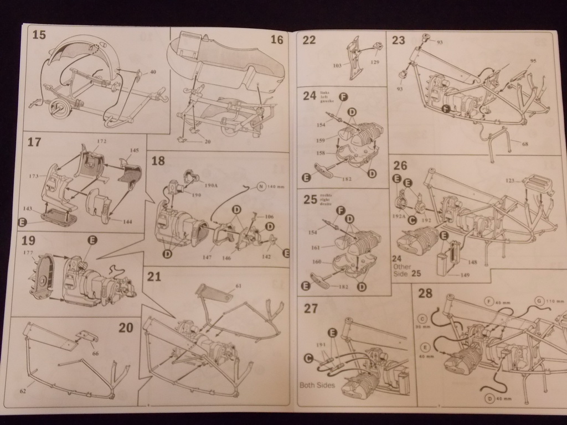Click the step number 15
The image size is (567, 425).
tap(39, 35)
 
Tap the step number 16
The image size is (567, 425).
tap(277, 40)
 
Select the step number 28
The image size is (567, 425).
tap(425, 293)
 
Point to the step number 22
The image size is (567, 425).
tap(309, 40)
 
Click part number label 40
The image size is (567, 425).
tap(153, 72)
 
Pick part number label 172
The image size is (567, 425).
tap(101, 141)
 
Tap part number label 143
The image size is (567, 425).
tap(27, 209)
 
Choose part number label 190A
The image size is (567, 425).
tap(212, 185)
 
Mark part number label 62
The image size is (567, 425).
tap(23, 391)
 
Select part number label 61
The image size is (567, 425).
tap(239, 286)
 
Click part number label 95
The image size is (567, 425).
tap(533, 61)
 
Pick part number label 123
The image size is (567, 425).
tap(510, 180)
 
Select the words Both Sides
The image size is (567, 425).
tap(317, 385)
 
